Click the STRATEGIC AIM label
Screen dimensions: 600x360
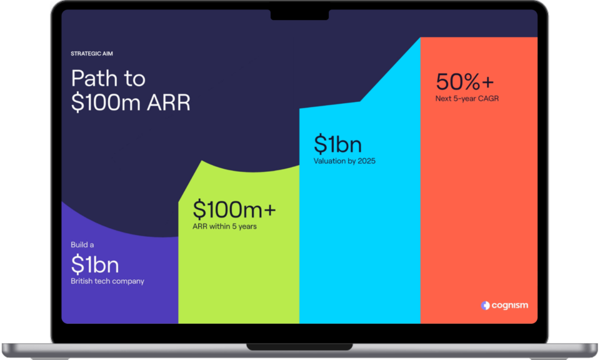click(x=91, y=54)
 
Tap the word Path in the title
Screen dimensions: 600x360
click(x=94, y=78)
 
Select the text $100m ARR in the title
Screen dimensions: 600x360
click(x=131, y=102)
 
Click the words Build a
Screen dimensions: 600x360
click(x=82, y=245)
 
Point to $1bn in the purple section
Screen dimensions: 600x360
click(x=95, y=264)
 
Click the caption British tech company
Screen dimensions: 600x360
click(x=107, y=281)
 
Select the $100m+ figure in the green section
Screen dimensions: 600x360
click(x=234, y=209)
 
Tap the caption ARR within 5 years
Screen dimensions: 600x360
click(x=224, y=226)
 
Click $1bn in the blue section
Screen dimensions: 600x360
click(x=337, y=144)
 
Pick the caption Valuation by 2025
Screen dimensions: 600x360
click(x=344, y=161)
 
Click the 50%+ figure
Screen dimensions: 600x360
click(x=465, y=81)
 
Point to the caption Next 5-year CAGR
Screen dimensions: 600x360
click(x=467, y=99)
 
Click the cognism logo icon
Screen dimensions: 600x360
click(x=485, y=305)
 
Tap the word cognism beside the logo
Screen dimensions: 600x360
click(x=510, y=305)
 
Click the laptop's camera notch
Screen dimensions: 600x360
click(x=299, y=14)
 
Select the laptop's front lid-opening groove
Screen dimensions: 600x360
click(x=299, y=347)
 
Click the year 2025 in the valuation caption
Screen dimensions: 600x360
click(x=366, y=161)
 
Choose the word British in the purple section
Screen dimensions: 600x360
click(x=81, y=281)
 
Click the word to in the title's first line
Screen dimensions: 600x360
click(x=135, y=79)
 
